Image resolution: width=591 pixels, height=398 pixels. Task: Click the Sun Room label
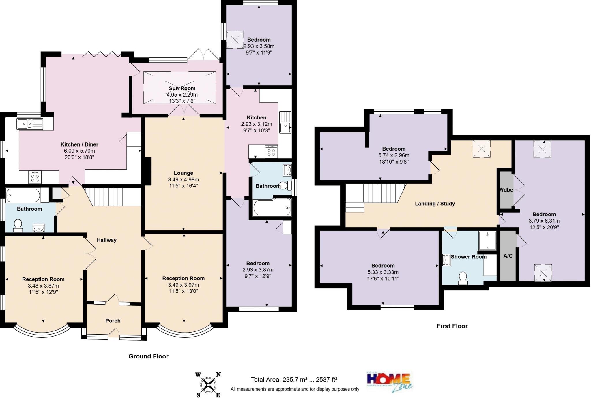point(182,88)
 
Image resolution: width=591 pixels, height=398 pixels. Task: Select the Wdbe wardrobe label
point(506,190)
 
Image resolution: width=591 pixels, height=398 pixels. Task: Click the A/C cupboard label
point(508,256)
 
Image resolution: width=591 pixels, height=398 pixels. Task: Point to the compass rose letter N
point(218,375)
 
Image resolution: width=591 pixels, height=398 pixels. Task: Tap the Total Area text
point(294,380)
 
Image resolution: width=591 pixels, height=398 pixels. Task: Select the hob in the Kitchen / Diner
point(35,177)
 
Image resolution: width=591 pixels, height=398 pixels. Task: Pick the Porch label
point(113,321)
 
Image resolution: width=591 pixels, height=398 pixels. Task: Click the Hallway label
point(106,240)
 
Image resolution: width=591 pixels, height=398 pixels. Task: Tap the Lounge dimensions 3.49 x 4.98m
point(183,179)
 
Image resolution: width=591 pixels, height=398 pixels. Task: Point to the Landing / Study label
point(435,204)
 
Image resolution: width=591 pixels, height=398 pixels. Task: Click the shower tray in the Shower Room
point(487,241)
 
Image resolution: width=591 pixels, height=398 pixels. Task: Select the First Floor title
point(452,326)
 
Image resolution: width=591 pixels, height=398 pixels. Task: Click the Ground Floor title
point(148,356)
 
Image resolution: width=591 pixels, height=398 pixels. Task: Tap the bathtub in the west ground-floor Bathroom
point(23,195)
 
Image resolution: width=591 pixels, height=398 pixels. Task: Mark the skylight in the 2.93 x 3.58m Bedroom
point(235,40)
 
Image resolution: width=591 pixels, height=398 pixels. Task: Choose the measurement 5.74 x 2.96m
point(394,155)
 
